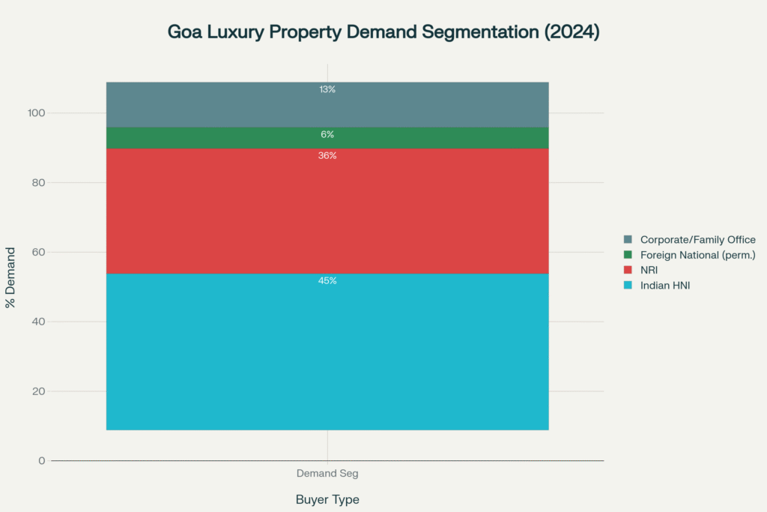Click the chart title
point(383,33)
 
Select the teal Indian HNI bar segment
point(327,352)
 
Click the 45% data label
point(327,281)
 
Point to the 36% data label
point(327,156)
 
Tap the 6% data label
point(327,135)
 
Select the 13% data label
point(327,89)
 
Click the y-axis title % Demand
point(10,277)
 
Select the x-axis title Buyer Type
point(327,499)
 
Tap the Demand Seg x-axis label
point(327,474)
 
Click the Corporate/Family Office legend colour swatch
point(628,240)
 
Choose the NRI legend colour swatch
point(628,270)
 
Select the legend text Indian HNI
point(664,285)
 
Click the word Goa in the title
point(185,33)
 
